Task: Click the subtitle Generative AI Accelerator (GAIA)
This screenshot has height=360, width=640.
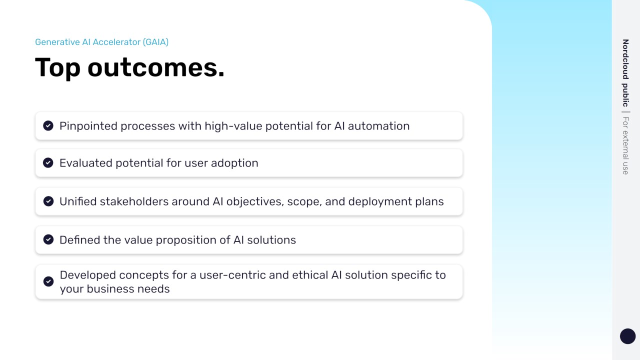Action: pyautogui.click(x=101, y=42)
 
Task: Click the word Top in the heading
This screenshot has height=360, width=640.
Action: pyautogui.click(x=57, y=67)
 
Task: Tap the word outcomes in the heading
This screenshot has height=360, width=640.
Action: pyautogui.click(x=155, y=68)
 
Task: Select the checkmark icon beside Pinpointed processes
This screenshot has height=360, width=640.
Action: pyautogui.click(x=48, y=125)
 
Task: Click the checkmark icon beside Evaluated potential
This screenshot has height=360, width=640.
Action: pyautogui.click(x=48, y=163)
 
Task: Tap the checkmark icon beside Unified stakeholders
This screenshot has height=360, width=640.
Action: pyautogui.click(x=48, y=201)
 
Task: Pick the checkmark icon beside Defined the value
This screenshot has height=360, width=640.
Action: pyautogui.click(x=48, y=239)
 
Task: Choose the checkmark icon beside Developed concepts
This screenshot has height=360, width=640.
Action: pyautogui.click(x=48, y=281)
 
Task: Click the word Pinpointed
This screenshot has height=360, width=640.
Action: pyautogui.click(x=88, y=126)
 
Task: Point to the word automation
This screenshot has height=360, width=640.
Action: pyautogui.click(x=378, y=126)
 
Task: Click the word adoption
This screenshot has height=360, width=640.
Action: pyautogui.click(x=234, y=163)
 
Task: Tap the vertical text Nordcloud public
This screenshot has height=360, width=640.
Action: pyautogui.click(x=625, y=73)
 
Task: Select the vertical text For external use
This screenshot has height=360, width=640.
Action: pyautogui.click(x=625, y=145)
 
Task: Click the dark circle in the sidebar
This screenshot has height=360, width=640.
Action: pyautogui.click(x=627, y=336)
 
